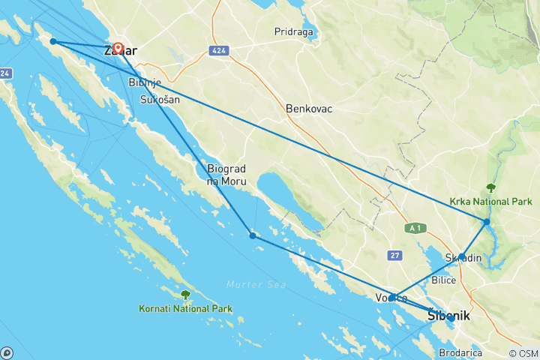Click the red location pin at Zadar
tap(118, 48)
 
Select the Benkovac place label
tap(308, 109)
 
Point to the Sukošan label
tap(160, 99)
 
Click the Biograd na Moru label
tap(226, 176)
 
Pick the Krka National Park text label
tap(491, 202)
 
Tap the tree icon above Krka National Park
tap(491, 188)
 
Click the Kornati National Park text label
tap(185, 308)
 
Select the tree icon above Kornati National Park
tap(185, 295)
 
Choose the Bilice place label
tap(445, 280)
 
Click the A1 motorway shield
tap(413, 227)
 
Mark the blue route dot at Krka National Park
tap(487, 222)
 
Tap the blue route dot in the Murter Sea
tap(253, 236)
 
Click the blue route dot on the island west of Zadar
tap(52, 41)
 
